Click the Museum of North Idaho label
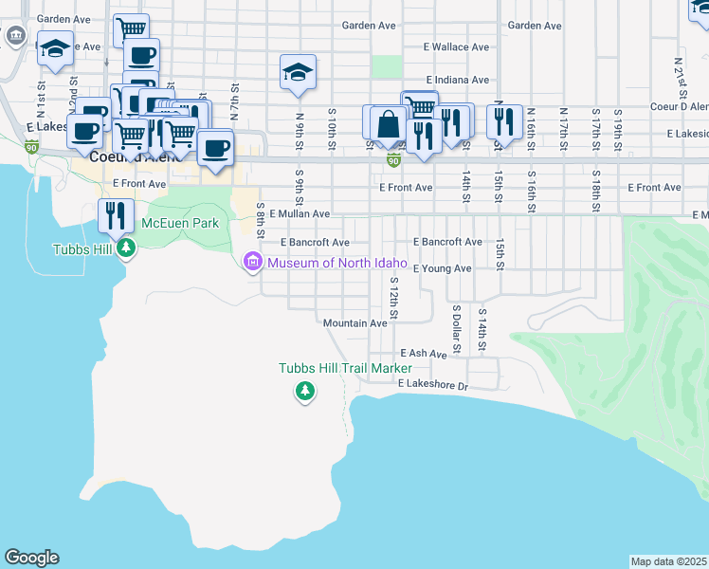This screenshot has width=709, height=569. pyautogui.click(x=337, y=263)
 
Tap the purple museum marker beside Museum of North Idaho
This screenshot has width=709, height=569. pyautogui.click(x=253, y=262)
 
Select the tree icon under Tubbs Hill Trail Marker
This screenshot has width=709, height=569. pyautogui.click(x=304, y=390)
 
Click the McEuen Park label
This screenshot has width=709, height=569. pyautogui.click(x=180, y=223)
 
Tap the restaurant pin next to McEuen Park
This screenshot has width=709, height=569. pyautogui.click(x=117, y=214)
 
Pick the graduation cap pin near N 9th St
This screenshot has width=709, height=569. pyautogui.click(x=298, y=72)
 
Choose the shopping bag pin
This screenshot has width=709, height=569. pyautogui.click(x=389, y=123)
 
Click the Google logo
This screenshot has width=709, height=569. pyautogui.click(x=31, y=558)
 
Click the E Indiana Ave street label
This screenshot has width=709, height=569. pyautogui.click(x=458, y=80)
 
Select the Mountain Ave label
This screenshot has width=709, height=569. pyautogui.click(x=354, y=323)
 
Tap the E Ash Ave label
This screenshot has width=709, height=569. pyautogui.click(x=423, y=354)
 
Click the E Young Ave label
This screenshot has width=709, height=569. pyautogui.click(x=441, y=268)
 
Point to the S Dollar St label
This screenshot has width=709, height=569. pyautogui.click(x=456, y=328)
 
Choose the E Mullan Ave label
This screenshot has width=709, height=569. pyautogui.click(x=300, y=214)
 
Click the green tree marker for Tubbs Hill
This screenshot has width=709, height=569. pyautogui.click(x=125, y=249)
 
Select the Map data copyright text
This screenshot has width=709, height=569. pyautogui.click(x=669, y=561)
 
